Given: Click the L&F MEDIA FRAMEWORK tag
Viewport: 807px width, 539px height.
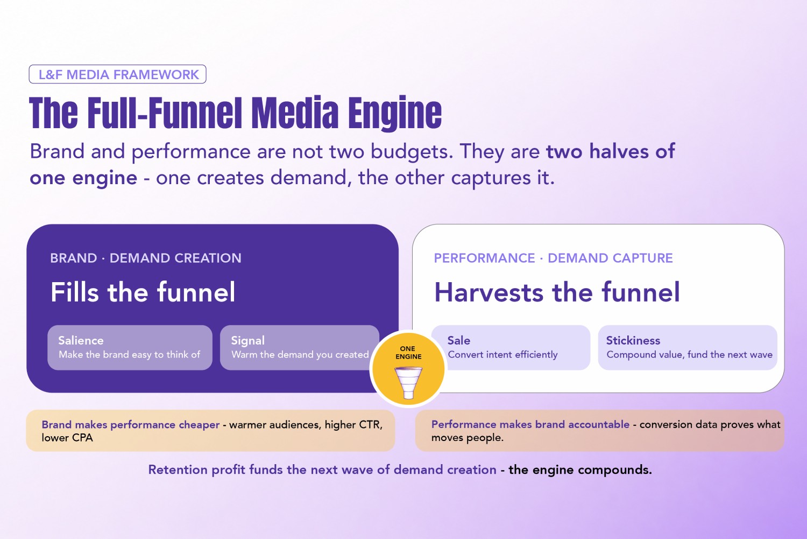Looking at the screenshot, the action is click(x=117, y=74).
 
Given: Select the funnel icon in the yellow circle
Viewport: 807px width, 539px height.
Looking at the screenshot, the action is click(x=408, y=382).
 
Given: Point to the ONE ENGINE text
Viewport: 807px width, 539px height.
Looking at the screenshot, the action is click(x=408, y=353).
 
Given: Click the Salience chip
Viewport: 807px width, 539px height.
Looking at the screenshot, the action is click(x=130, y=347).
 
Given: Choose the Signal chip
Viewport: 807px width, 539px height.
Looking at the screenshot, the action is click(x=299, y=347).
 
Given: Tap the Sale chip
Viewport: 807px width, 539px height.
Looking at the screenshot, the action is click(x=511, y=347).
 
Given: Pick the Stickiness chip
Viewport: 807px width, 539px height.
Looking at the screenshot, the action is click(x=688, y=347).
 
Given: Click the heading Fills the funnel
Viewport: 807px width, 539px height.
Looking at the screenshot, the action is click(x=143, y=292).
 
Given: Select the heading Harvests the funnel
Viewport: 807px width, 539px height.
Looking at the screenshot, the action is click(x=557, y=292).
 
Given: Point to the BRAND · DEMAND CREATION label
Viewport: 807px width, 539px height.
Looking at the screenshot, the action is click(x=146, y=258).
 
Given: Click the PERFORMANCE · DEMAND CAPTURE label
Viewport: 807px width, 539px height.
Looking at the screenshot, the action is click(x=554, y=258).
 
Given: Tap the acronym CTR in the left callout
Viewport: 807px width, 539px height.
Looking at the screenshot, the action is click(x=370, y=425).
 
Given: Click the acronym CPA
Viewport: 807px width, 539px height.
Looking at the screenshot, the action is click(x=82, y=438).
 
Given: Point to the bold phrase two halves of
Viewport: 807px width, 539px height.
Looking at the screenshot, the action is click(x=611, y=151).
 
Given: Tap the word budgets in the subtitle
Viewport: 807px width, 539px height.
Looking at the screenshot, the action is click(x=412, y=152).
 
